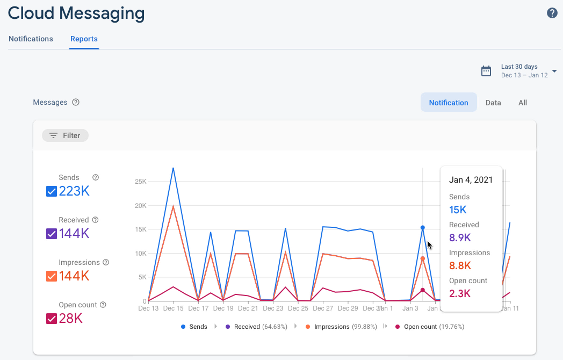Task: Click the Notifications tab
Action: (31, 39)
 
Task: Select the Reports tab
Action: (84, 39)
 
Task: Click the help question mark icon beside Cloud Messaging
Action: (552, 13)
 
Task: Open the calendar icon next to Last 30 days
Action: (486, 71)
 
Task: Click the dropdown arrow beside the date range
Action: (554, 71)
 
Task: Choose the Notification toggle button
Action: (449, 103)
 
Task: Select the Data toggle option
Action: (493, 103)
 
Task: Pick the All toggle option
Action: (523, 103)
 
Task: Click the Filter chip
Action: (65, 135)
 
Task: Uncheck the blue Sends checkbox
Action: (52, 191)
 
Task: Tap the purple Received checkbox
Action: (52, 234)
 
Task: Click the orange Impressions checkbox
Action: (52, 276)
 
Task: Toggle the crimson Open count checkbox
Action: (52, 319)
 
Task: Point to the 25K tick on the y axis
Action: (140, 182)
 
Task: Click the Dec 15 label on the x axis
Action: (173, 308)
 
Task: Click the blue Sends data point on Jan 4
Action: (423, 228)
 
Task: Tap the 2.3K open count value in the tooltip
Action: (460, 293)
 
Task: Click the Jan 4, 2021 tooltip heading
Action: (471, 180)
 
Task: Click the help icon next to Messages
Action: (76, 102)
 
